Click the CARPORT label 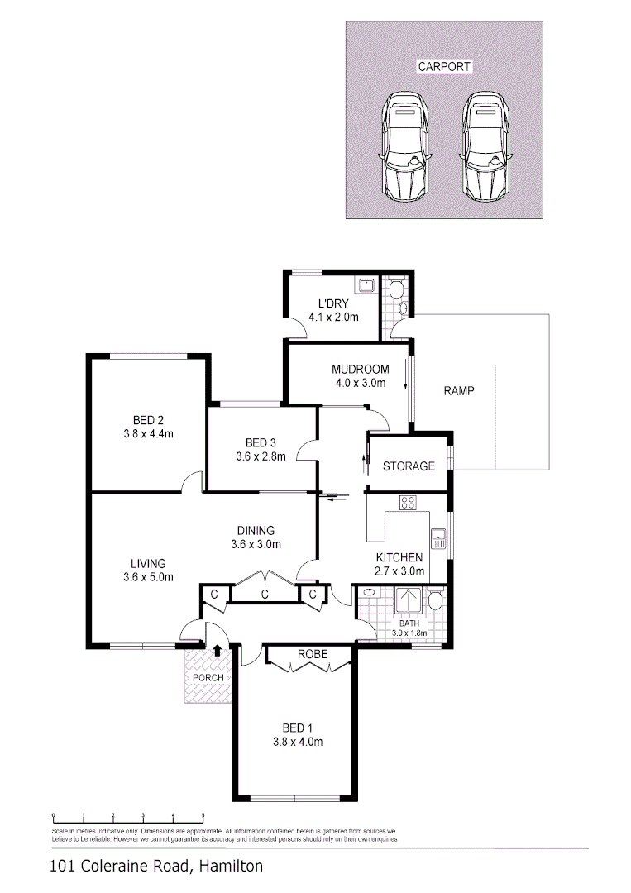444,66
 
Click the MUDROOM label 360,369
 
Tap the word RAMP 459,390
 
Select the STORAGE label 409,466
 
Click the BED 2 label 148,419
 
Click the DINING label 256,531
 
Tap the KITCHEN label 399,557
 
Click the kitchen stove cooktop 408,501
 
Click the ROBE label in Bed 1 313,654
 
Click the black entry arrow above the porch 217,650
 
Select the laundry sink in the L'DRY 365,286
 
